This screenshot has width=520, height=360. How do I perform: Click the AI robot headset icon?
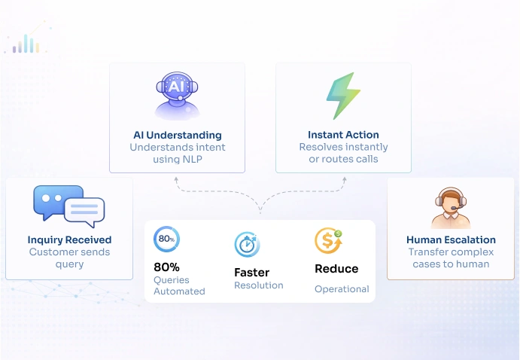click(x=177, y=96)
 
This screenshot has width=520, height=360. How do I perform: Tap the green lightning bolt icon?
click(x=342, y=96)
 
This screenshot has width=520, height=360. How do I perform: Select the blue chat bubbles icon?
click(x=68, y=205)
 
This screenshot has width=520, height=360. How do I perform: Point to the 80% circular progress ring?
click(x=166, y=239)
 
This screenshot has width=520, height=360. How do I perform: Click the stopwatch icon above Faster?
click(x=247, y=244)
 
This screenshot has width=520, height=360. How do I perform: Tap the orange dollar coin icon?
click(x=328, y=240)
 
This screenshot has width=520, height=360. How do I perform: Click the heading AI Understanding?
click(x=177, y=136)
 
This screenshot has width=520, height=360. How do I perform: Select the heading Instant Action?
click(x=343, y=136)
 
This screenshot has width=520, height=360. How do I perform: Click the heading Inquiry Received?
click(x=69, y=240)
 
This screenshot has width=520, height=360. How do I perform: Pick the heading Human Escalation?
click(x=451, y=240)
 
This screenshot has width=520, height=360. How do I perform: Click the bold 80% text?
click(x=166, y=267)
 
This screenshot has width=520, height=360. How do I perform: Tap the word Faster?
click(x=251, y=273)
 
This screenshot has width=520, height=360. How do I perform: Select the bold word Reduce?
click(x=336, y=269)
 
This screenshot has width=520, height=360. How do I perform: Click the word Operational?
click(x=342, y=289)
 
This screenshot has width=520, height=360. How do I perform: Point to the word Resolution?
click(x=258, y=286)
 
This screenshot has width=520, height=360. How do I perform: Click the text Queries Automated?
click(x=179, y=285)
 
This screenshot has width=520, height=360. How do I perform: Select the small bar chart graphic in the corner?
click(x=26, y=44)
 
